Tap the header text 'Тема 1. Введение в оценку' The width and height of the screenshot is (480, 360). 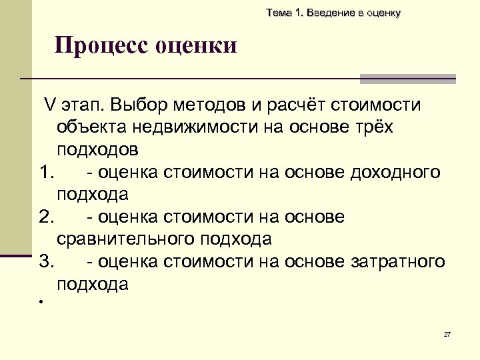point(333,13)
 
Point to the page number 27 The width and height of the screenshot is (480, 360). point(447,334)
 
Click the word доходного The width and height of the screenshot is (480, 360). point(394,173)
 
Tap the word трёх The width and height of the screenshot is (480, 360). point(371,127)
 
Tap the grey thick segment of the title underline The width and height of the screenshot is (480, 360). point(407,79)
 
